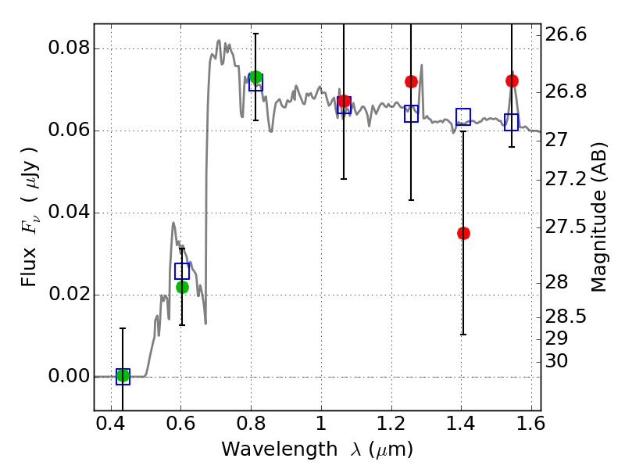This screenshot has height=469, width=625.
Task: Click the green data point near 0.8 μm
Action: tap(255, 77)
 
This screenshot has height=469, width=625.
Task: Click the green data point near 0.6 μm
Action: tap(182, 287)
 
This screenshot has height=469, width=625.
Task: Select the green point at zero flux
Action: tap(123, 376)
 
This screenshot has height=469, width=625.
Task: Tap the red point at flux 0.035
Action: tap(463, 233)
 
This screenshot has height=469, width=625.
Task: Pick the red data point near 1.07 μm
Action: tap(344, 101)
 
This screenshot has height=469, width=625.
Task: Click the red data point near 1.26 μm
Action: tap(411, 81)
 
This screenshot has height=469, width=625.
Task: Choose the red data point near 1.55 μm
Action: tap(512, 81)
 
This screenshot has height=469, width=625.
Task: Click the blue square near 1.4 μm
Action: tap(463, 116)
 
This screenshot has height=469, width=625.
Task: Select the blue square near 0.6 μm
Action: tap(182, 271)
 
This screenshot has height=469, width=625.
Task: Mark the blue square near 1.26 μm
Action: tap(411, 114)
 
